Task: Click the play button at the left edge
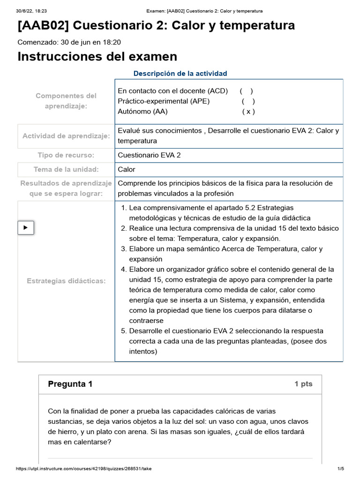26,227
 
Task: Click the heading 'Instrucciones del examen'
97,57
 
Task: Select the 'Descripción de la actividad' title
180,74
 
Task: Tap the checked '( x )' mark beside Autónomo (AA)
248,112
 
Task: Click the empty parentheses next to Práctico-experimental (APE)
248,101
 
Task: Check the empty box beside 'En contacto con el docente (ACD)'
246,91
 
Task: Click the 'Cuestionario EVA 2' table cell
149,155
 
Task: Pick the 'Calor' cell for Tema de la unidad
127,169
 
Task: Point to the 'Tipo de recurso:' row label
66,155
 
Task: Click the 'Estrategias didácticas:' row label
66,281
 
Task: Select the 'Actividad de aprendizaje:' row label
66,136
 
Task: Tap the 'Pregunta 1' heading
70,384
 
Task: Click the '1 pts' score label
303,384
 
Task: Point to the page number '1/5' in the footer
341,469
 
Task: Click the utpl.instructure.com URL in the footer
84,469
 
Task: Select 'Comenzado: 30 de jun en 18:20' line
69,42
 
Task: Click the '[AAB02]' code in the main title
43,25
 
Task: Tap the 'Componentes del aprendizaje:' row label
66,101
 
